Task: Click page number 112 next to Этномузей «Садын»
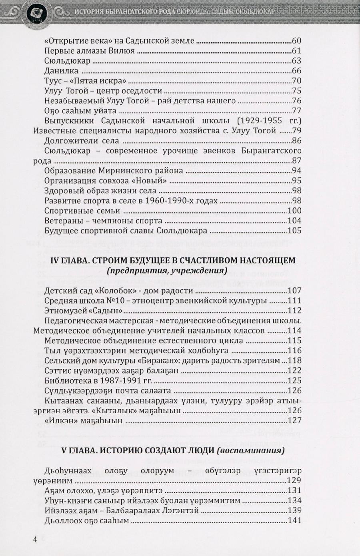(294, 311)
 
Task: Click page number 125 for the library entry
(294, 381)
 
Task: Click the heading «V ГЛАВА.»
(78, 451)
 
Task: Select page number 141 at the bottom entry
(294, 520)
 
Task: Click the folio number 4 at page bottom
(35, 540)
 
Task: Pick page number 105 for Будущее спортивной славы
(294, 231)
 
